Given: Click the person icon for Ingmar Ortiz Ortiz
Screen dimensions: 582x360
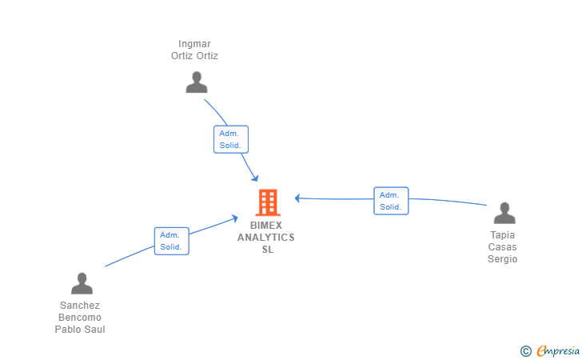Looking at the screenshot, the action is coord(197,82).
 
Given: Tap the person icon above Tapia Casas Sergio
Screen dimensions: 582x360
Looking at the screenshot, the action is coord(504,213).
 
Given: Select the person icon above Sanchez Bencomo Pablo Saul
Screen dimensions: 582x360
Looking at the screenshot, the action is coord(82,283).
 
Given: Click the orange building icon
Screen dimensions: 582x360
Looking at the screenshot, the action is coord(268,202).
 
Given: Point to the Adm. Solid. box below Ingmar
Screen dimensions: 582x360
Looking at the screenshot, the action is coord(231,139).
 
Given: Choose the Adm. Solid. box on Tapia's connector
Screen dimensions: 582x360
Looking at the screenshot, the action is coord(391,201).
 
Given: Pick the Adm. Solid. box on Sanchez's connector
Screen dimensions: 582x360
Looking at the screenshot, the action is coord(171,241).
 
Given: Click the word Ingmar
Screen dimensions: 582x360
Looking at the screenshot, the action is coord(194,44).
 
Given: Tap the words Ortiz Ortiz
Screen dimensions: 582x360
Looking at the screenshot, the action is coord(194,56).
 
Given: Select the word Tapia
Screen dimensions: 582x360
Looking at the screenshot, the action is coord(503,235).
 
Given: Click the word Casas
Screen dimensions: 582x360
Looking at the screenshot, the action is coord(503,247).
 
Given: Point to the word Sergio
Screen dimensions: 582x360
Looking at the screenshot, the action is coord(503,259).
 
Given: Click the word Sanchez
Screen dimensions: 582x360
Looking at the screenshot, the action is coord(80,306).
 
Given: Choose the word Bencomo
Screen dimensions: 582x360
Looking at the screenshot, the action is coord(80,318).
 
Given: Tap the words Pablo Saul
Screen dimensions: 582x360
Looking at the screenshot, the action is coord(80,329).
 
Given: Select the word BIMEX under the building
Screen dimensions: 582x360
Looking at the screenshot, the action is coord(266,226).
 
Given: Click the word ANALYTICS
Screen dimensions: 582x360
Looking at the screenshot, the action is coord(266,238).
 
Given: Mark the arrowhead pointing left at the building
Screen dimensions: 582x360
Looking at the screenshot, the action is coord(297,198).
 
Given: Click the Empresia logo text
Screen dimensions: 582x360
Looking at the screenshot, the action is coord(558,350).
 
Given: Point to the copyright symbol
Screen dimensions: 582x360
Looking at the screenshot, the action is coord(526,351).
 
